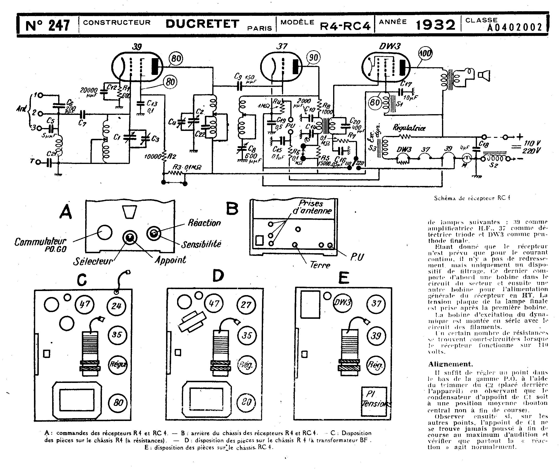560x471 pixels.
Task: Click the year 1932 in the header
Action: coord(435,25)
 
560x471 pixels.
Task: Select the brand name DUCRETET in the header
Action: coord(202,24)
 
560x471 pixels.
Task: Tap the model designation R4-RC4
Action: coord(345,26)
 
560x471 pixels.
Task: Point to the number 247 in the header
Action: coord(59,26)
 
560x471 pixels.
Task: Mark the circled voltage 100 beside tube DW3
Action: coord(425,53)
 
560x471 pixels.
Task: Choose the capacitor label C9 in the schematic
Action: coord(238,77)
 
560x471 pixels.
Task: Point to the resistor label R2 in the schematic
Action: coord(172,156)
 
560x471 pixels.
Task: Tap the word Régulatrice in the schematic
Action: coord(409,128)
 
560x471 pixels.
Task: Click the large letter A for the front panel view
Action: coord(66,213)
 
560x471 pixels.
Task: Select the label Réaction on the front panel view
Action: coord(204,223)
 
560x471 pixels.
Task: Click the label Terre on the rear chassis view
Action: coord(320,265)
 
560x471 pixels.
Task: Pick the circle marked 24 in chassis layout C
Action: coord(116,306)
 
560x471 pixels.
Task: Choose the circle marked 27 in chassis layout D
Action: coord(246,305)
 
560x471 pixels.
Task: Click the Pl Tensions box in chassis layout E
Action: coord(374,401)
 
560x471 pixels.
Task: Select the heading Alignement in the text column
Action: coord(450,364)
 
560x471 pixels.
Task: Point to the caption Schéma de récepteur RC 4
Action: coord(472,198)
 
